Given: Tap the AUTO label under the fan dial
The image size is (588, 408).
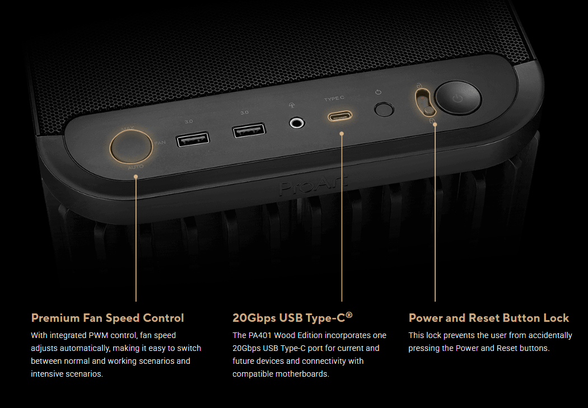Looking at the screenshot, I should (136, 167).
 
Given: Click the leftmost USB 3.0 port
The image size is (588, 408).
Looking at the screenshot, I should (193, 139).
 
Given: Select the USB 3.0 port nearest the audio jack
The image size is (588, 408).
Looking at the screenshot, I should (249, 131).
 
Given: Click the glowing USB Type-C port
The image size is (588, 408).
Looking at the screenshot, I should (340, 116).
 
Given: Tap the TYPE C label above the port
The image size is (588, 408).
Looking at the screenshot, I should (334, 99).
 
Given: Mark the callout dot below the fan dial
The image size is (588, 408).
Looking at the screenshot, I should (136, 177).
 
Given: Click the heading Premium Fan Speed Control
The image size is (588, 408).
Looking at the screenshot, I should (108, 318).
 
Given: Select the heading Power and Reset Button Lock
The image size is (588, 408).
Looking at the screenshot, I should (488, 318).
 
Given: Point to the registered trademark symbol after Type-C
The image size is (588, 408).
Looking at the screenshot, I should (349, 315).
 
